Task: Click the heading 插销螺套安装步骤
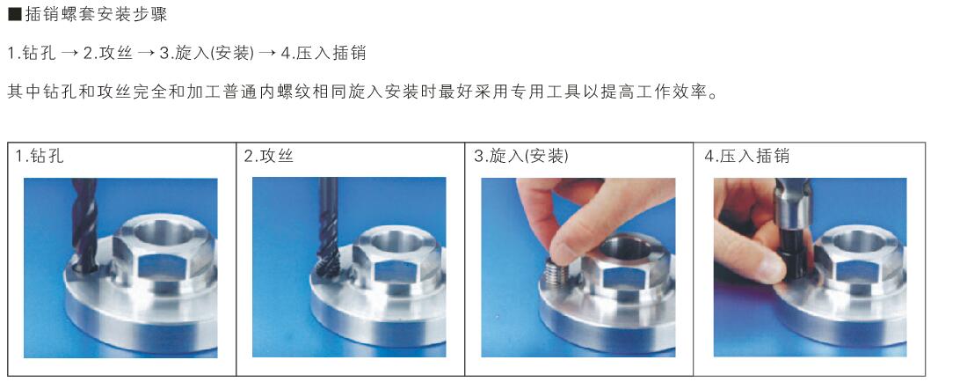tap(96, 14)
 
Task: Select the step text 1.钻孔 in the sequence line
tap(31, 53)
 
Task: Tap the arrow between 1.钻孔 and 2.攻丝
tap(69, 53)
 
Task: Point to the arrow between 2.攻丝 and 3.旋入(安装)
tap(146, 53)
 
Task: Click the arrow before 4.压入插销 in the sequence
tap(267, 53)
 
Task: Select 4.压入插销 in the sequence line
tap(324, 53)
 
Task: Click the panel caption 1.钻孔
tap(40, 156)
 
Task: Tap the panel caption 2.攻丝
tap(268, 156)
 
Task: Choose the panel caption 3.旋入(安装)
tap(521, 156)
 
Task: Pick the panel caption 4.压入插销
tap(747, 156)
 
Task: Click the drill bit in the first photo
tap(84, 224)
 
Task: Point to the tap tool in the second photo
tap(328, 227)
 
